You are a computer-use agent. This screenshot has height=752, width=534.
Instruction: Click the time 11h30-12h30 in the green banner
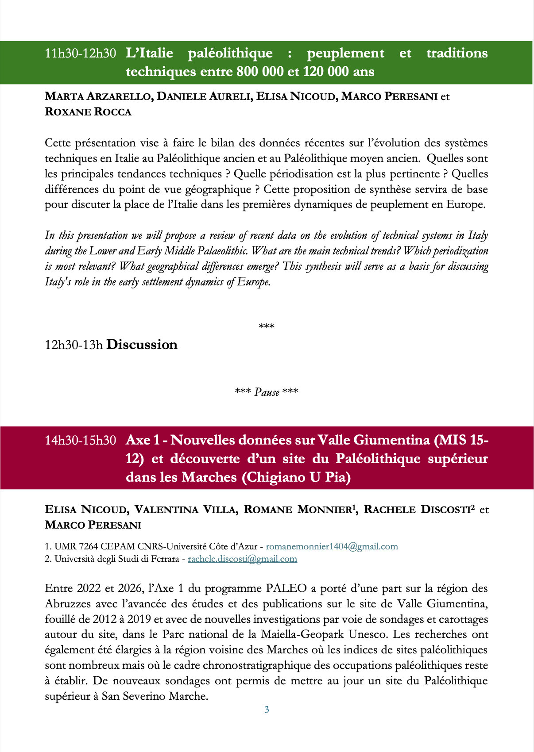pos(80,54)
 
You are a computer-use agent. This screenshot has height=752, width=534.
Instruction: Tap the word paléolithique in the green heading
pos(230,53)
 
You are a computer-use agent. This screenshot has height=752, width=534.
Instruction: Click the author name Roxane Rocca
pos(88,112)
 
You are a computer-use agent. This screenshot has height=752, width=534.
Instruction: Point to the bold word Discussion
pos(142,345)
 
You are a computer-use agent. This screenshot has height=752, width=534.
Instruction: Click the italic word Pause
pos(267,392)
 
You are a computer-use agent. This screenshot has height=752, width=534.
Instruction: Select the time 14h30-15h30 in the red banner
pos(80,440)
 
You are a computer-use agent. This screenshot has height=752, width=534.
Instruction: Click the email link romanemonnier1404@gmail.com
pos(332,546)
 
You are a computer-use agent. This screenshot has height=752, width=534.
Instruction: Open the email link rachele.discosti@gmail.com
pos(242,559)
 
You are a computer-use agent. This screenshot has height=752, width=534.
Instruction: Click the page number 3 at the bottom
pos(267,710)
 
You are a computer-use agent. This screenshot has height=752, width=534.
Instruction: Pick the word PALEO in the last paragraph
pos(286,588)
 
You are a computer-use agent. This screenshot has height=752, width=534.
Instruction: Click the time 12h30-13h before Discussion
pos(74,345)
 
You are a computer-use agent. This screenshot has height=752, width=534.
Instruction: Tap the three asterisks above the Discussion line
pos(267,327)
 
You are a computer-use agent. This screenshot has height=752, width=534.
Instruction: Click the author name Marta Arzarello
pos(99,96)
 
